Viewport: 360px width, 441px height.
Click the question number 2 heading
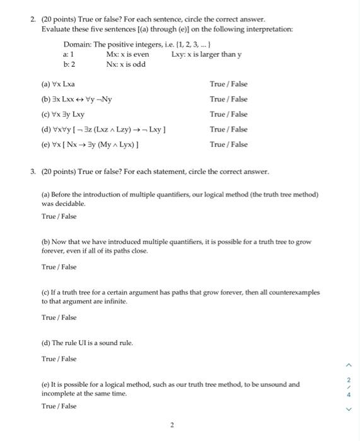[33, 20]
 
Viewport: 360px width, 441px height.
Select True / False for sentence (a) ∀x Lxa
[228, 84]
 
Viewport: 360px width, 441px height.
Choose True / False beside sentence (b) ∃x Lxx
[228, 99]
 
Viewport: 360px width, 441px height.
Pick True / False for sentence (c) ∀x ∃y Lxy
[228, 114]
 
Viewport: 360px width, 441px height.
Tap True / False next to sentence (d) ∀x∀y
[228, 129]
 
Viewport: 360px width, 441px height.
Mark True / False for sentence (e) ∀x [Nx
[228, 144]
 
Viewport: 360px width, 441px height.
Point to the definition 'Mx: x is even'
[128, 54]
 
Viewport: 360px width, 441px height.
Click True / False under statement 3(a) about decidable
[59, 216]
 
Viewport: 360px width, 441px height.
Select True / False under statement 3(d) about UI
[59, 358]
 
